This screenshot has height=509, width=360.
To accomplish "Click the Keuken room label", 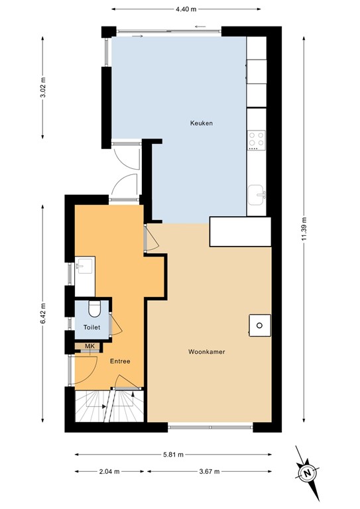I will tap(201, 123).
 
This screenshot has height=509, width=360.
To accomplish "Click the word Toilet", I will tap(91, 327).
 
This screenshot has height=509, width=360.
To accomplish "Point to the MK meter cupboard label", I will tap(90, 347).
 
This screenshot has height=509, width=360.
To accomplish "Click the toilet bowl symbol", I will tap(94, 308).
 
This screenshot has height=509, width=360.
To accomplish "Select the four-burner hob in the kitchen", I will tap(256, 140).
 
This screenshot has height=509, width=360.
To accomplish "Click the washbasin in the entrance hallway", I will tap(84, 266).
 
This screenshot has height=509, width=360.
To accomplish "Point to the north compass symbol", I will tap(307, 473).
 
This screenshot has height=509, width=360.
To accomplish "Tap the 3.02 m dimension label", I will tap(44, 87).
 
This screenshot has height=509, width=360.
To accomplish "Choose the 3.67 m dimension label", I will tap(210, 472).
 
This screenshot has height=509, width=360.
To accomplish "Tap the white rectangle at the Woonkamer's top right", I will tap(241, 231).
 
